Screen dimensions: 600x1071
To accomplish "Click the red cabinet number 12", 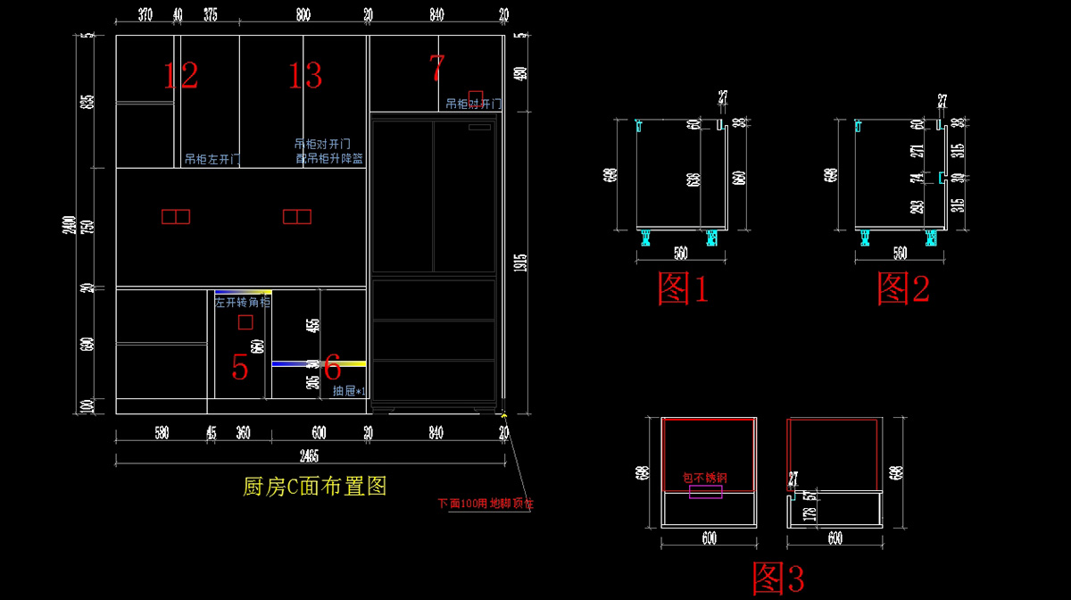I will (180, 76).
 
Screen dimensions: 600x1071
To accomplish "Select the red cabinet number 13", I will (304, 76).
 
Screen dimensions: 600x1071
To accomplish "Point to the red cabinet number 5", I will (239, 366).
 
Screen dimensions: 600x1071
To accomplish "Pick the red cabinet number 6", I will (332, 365).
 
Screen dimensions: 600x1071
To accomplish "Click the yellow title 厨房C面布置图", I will (314, 487).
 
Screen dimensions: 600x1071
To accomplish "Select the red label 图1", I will (683, 288).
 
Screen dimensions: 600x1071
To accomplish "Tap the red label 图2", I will (903, 288).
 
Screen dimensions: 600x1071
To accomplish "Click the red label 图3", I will (778, 579).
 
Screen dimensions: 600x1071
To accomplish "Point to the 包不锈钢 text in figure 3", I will (705, 478).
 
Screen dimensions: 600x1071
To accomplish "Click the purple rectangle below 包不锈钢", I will (705, 492).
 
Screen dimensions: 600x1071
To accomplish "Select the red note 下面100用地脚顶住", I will (486, 503).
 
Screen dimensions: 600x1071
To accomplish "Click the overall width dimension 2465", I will (309, 456).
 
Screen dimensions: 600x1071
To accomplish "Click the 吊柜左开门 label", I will (212, 160).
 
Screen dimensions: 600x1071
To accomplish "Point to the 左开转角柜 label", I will (242, 303).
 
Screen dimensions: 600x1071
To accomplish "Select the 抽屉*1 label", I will (349, 391).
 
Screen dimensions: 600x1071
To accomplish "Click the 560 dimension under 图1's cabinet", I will (680, 253).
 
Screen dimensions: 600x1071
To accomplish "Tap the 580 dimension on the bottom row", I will (161, 433).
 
